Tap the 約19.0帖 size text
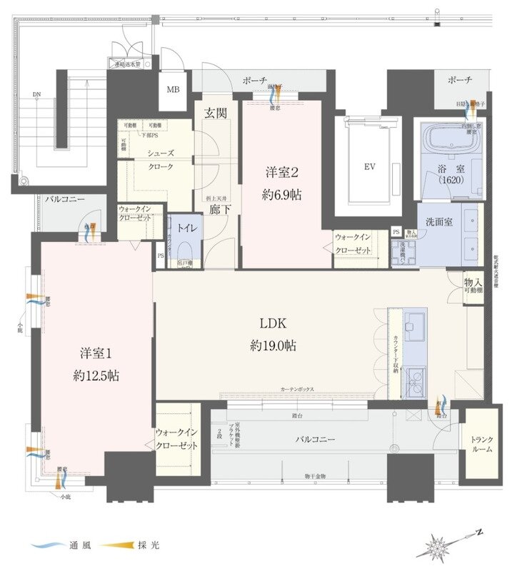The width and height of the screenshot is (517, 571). point(273,346)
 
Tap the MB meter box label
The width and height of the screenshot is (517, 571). point(173,90)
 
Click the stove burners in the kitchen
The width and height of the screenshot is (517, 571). point(414,379)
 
